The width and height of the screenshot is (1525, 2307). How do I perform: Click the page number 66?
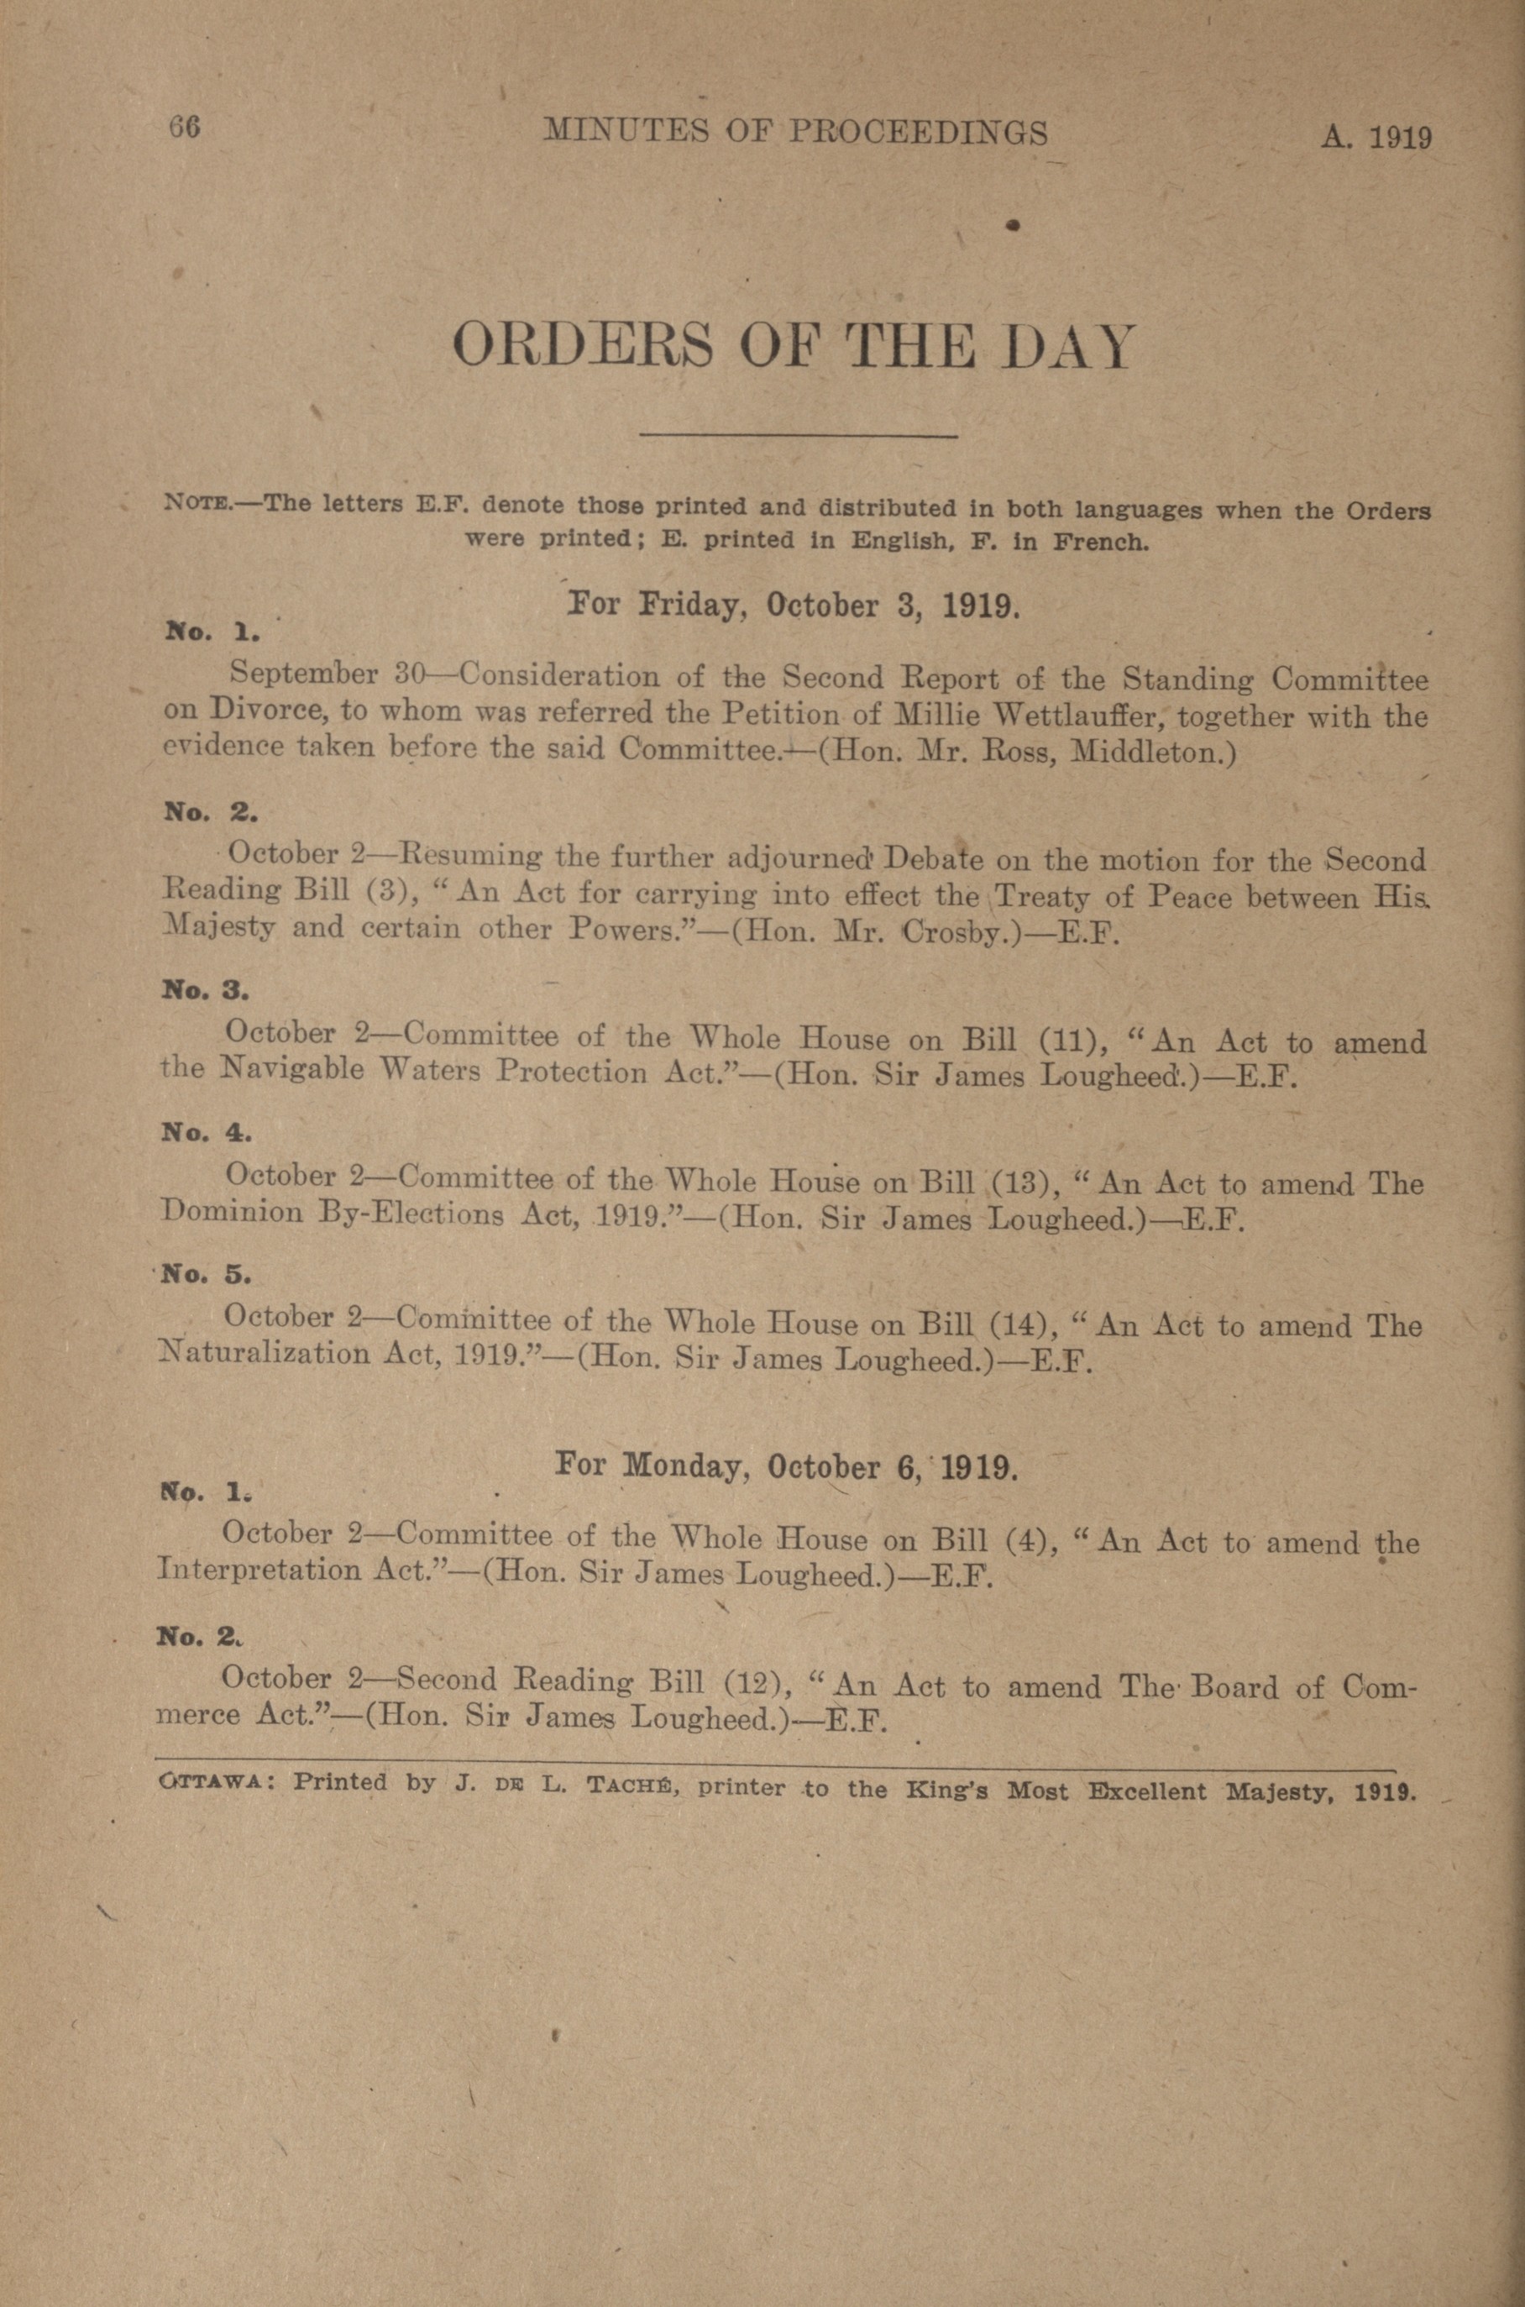pos(184,128)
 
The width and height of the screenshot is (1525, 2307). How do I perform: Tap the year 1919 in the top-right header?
pos(1400,137)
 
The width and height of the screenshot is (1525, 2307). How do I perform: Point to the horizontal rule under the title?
pos(797,436)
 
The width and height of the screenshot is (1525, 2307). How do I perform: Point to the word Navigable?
pos(294,1071)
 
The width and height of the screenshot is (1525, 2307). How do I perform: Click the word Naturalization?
pos(263,1354)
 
